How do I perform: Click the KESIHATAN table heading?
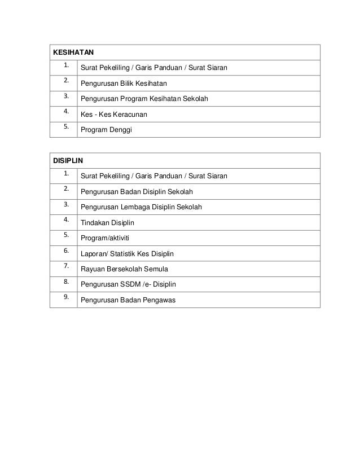[x=73, y=52]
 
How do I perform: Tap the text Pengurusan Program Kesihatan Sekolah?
[x=145, y=99]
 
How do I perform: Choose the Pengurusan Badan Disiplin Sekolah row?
[x=137, y=192]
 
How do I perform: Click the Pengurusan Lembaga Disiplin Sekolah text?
[x=141, y=208]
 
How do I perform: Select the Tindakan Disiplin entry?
[x=107, y=223]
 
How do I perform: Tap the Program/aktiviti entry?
[x=105, y=238]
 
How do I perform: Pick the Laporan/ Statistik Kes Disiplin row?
[x=128, y=254]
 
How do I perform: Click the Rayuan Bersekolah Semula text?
[x=124, y=269]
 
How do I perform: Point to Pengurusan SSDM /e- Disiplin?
[x=129, y=284]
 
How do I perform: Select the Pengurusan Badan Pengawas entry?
[x=128, y=300]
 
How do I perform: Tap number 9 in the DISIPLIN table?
[x=66, y=296]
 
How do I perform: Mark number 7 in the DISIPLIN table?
[x=66, y=265]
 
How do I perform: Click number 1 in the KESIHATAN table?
[x=66, y=64]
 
